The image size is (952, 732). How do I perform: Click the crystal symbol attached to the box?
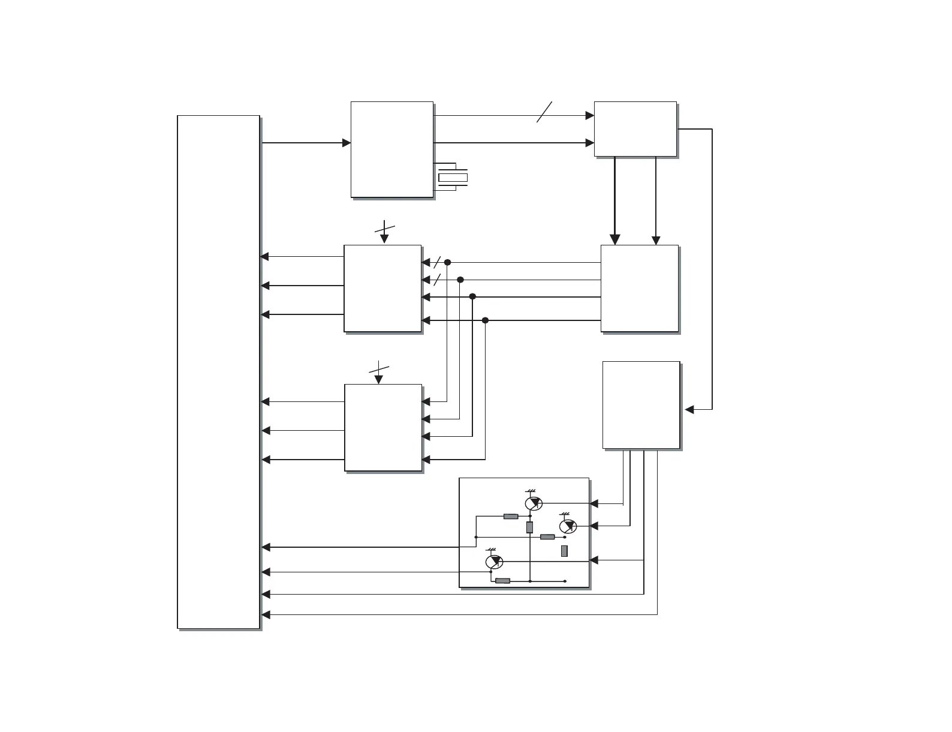453,177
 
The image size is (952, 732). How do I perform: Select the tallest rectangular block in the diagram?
218,372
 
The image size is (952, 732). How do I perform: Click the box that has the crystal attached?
391,149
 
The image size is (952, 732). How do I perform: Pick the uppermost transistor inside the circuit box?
533,503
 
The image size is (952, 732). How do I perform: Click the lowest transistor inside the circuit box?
493,562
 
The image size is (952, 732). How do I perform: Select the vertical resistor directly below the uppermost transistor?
529,527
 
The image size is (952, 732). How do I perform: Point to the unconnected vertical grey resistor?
564,551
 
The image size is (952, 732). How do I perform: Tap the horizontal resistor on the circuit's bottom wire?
502,581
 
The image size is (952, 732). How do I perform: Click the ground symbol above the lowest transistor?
492,549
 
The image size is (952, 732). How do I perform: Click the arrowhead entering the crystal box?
346,143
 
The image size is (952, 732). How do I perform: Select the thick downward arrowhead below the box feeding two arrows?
614,239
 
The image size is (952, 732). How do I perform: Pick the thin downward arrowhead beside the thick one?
656,240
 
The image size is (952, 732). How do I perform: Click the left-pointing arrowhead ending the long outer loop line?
689,409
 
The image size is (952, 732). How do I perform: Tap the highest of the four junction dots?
447,262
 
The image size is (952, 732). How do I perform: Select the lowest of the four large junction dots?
485,320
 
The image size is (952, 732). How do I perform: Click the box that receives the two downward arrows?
639,288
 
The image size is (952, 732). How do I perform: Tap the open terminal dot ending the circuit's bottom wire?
565,581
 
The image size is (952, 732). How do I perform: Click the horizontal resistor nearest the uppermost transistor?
511,516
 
